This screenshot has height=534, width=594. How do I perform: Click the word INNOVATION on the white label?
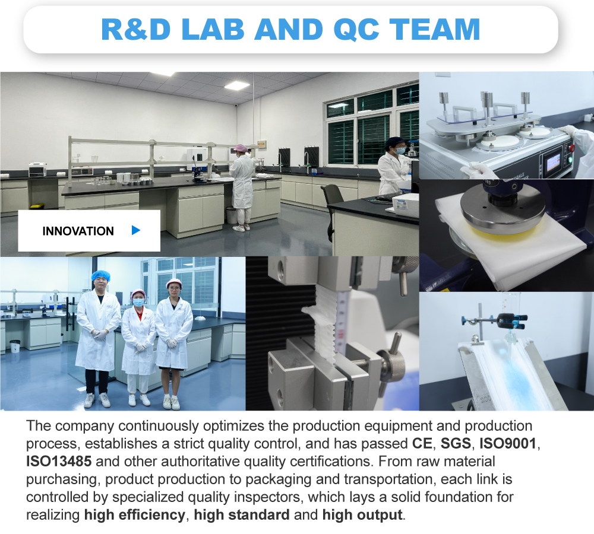tap(78, 231)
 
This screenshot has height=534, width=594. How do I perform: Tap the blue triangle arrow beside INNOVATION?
tap(136, 230)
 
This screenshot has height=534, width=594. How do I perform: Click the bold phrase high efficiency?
tap(134, 514)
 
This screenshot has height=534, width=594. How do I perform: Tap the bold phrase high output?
tap(362, 514)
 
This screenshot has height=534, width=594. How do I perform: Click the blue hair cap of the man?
tap(100, 276)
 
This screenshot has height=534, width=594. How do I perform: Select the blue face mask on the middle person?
tap(138, 303)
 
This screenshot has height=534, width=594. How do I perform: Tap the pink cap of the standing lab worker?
tap(241, 148)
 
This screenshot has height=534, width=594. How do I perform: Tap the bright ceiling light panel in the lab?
tap(236, 85)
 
